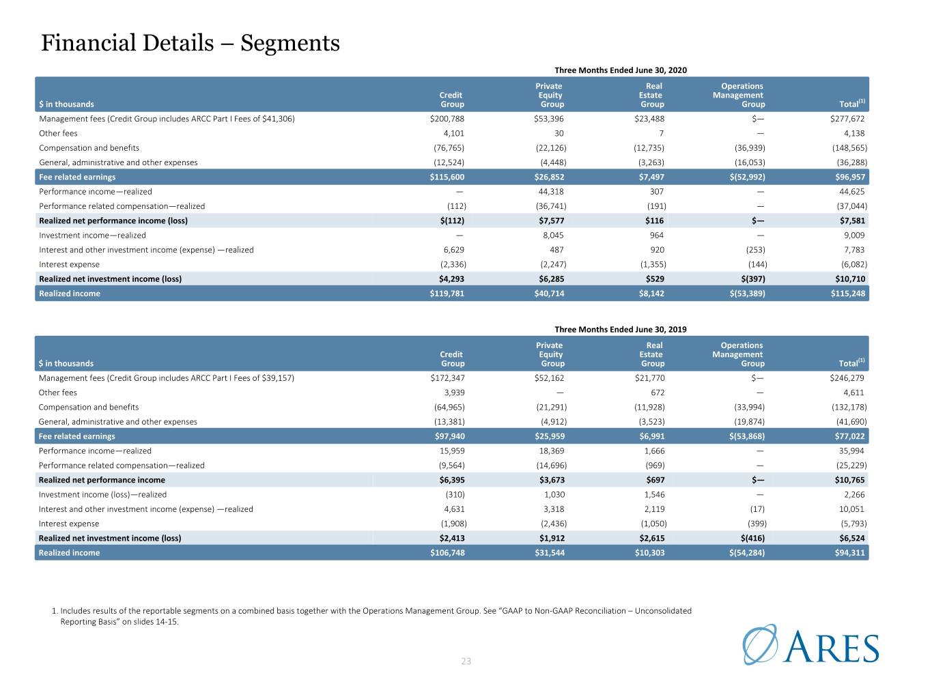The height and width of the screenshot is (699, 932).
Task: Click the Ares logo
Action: [810, 644]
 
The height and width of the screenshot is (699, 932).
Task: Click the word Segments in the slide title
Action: [290, 43]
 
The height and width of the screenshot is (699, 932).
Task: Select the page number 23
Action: [466, 661]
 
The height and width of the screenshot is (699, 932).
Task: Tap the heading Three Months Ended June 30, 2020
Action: [621, 70]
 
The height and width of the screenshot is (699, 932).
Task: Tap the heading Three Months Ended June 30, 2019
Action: [621, 329]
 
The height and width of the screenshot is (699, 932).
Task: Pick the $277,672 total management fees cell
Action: [847, 119]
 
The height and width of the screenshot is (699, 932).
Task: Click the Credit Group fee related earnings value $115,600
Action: [447, 177]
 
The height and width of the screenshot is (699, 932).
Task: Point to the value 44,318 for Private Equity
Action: [551, 191]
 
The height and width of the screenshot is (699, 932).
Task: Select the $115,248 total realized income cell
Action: [847, 294]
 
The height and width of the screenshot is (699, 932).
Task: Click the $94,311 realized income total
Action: [849, 553]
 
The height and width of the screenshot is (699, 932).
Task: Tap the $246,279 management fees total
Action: [847, 377]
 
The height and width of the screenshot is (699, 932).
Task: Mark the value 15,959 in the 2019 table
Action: [452, 451]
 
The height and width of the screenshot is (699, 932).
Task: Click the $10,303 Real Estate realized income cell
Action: [649, 553]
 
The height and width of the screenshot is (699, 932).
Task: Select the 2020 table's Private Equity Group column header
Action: [550, 95]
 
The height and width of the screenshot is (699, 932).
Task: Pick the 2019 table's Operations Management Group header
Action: [738, 354]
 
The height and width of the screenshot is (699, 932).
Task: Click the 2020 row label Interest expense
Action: [69, 264]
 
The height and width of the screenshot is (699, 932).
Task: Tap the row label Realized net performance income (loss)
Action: [113, 220]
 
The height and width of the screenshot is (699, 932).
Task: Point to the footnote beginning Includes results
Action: [371, 616]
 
